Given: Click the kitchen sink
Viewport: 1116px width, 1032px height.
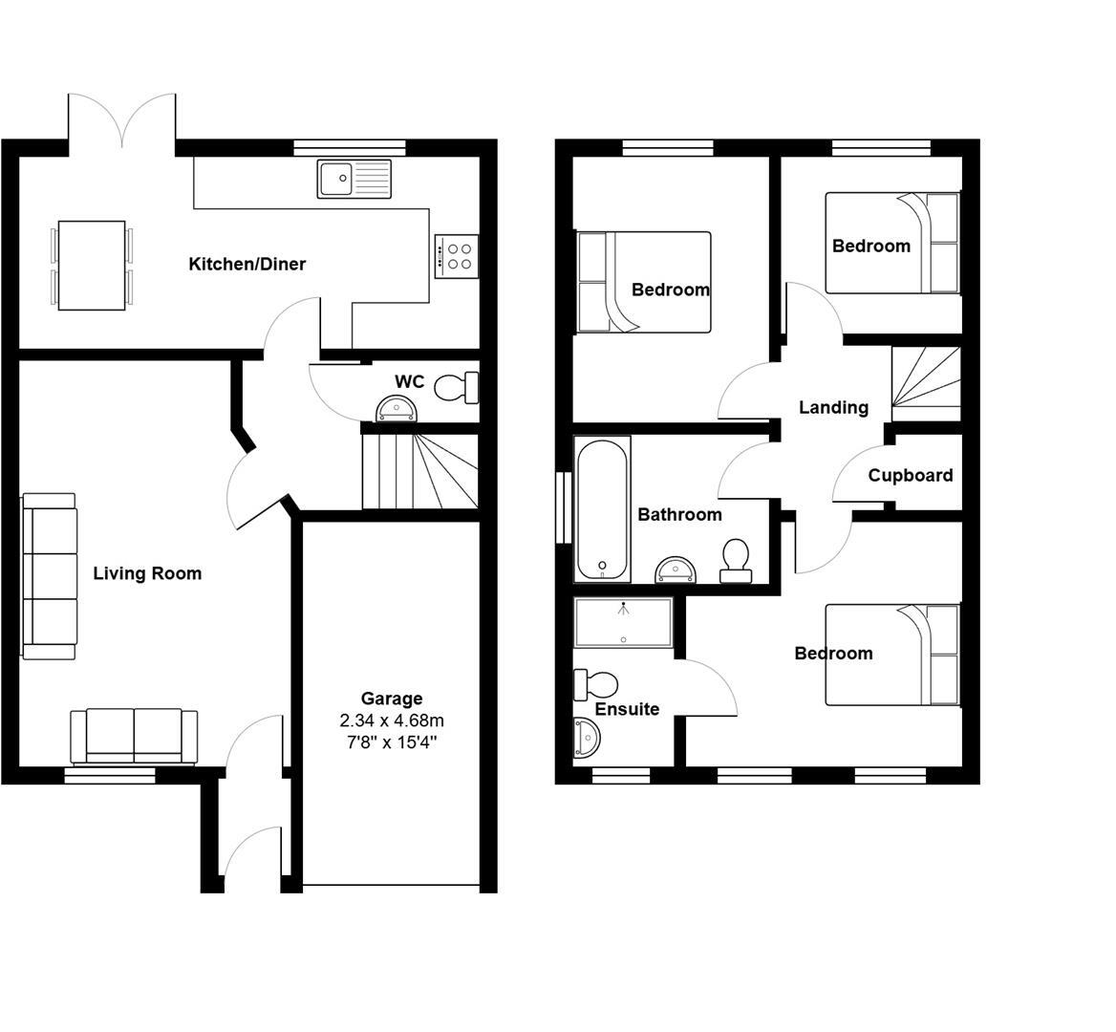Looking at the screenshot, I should (354, 179).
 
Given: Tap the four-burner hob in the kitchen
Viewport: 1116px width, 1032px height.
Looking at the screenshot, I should (454, 256).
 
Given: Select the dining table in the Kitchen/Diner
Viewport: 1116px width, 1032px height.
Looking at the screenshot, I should (92, 265).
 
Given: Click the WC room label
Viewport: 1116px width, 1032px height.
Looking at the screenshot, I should (409, 381).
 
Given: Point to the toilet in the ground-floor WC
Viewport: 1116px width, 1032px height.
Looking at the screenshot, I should (456, 387).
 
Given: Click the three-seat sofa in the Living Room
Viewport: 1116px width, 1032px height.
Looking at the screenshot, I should (50, 576).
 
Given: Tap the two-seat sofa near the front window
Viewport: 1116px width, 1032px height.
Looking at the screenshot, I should (134, 736).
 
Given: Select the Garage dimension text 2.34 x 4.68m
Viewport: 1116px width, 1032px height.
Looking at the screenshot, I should (392, 720).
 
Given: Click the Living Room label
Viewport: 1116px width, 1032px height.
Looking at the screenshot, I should (147, 573).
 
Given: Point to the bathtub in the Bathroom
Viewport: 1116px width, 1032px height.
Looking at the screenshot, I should (602, 509).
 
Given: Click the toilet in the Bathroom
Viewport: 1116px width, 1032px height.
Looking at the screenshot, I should (736, 561).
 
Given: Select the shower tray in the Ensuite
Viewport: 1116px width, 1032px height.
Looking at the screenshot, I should (623, 622).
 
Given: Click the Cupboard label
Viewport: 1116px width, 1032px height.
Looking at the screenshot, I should (910, 475).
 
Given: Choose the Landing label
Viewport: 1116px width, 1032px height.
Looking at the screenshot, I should (833, 408).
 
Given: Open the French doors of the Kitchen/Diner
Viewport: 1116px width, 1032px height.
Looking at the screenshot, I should (121, 124).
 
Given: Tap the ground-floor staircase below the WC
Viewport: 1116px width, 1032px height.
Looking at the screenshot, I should (420, 471).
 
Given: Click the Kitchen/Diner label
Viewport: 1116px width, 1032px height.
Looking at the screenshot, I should (247, 264).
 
